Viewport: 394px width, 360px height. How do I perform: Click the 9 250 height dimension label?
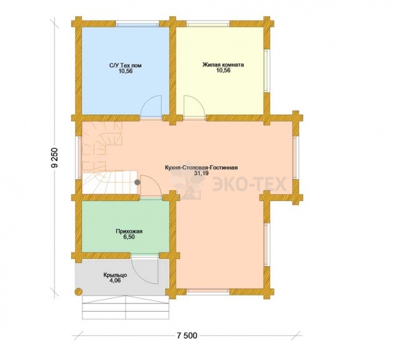(55, 158)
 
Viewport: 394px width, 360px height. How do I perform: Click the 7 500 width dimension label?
(187, 335)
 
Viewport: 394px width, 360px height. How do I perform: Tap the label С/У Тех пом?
(125, 65)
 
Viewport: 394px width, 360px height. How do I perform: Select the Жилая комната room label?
(223, 65)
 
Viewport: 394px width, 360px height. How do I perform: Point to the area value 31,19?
(201, 173)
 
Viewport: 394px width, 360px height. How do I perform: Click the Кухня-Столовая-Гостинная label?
(201, 168)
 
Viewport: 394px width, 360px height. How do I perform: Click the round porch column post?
(79, 291)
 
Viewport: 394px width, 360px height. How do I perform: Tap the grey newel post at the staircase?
(137, 182)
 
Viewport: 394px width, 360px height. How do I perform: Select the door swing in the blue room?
(151, 106)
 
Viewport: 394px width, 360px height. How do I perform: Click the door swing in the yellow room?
(194, 106)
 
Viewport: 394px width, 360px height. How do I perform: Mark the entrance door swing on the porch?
(145, 269)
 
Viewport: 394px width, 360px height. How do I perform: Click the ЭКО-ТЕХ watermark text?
(249, 184)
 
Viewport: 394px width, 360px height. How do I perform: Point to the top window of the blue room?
(138, 25)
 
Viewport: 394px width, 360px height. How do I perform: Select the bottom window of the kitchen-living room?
(208, 291)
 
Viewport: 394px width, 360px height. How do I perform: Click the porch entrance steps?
(125, 307)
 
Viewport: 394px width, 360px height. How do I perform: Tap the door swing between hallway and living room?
(151, 186)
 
